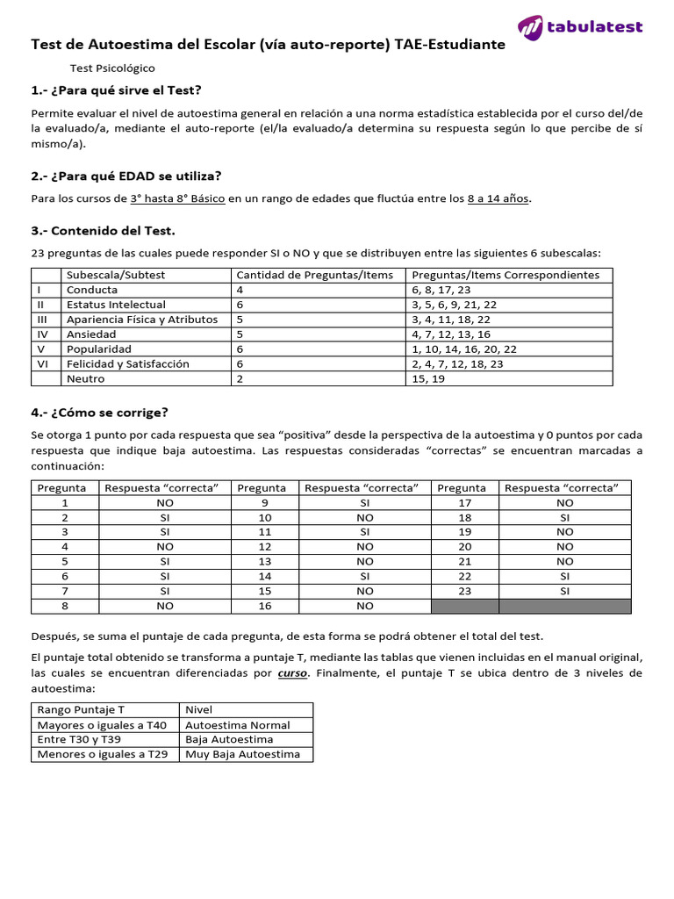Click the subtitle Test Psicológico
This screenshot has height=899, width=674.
(112, 68)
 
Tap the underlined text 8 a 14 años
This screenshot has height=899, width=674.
(498, 198)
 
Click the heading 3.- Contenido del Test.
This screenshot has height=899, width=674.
(103, 231)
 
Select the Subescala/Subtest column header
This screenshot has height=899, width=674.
(115, 275)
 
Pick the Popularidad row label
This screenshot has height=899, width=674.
(98, 349)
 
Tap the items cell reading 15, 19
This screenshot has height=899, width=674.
(429, 379)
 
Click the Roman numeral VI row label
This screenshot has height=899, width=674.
(40, 364)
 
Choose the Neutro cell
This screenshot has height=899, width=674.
(85, 379)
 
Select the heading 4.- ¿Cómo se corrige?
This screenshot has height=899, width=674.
(99, 413)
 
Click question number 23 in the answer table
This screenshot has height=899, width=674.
(465, 591)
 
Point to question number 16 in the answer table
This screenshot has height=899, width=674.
(265, 606)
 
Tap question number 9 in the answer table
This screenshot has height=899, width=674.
(265, 503)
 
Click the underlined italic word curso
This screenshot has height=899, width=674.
(292, 673)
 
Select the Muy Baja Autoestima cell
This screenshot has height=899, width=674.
(242, 754)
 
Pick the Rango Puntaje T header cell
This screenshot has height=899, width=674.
(78, 709)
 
